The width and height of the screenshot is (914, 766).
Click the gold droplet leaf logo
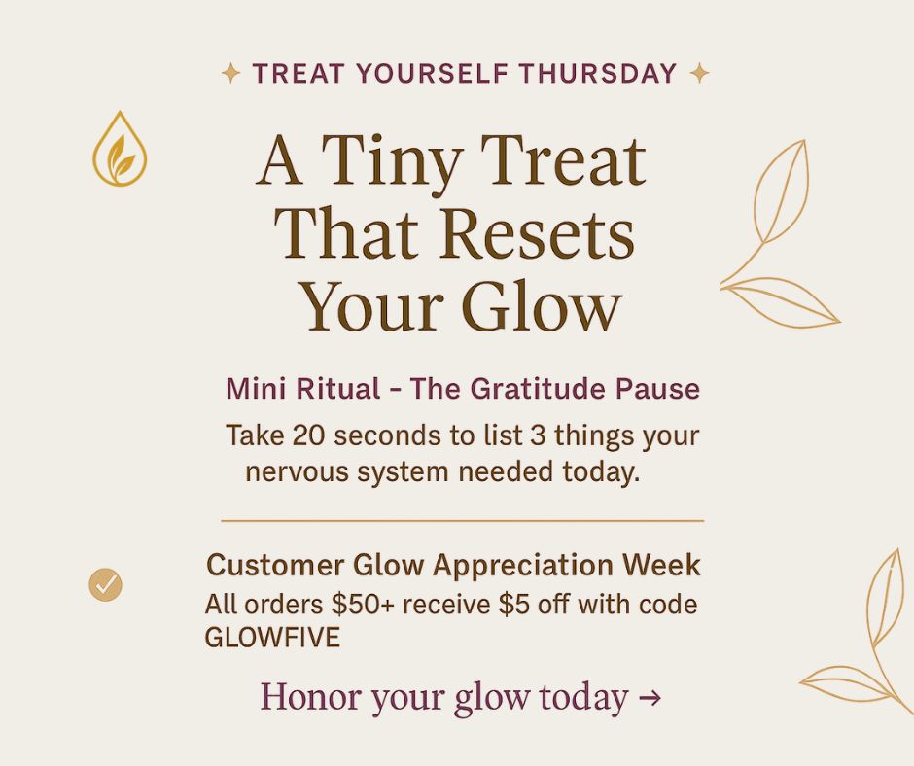120,150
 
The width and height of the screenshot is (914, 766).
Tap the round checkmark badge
105,584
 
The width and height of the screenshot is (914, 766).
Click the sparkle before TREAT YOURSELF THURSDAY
230,73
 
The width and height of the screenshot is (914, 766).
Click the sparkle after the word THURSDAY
698,73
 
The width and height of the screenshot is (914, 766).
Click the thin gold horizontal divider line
462,521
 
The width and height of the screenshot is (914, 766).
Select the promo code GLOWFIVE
272,639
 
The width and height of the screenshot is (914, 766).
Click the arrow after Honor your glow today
650,698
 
